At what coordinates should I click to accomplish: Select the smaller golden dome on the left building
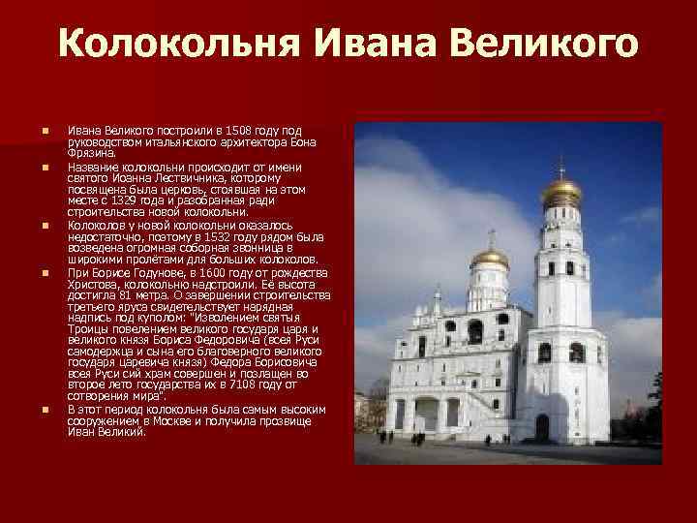click(490, 258)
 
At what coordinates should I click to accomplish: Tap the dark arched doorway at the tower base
click(541, 426)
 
